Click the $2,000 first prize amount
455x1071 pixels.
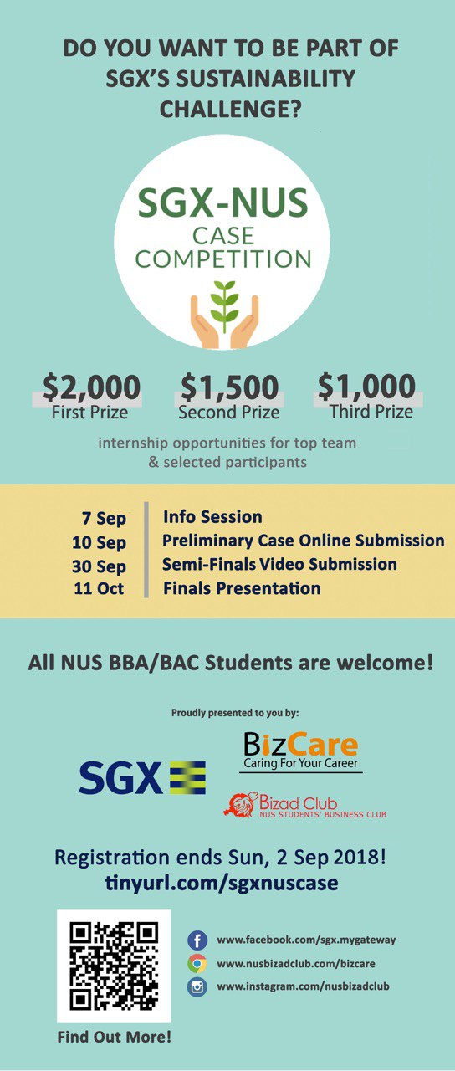point(91,387)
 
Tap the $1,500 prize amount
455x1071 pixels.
point(229,387)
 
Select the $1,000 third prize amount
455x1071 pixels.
point(366,386)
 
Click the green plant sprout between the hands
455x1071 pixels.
point(225,306)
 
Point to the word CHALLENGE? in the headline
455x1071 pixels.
point(230,109)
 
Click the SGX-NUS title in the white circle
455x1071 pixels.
point(222,202)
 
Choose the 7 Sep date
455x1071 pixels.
point(105,518)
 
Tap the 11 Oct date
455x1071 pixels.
point(99,588)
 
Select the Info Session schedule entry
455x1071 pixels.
point(212,517)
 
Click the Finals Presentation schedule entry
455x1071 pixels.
point(242,588)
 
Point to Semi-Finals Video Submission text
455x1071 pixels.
point(279,564)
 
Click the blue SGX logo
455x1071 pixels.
point(142,778)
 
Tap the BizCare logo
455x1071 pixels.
point(300,751)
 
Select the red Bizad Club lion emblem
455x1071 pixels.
point(240,805)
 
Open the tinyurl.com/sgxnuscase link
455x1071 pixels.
point(222,883)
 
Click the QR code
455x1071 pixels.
point(114,966)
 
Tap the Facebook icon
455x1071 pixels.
point(197,940)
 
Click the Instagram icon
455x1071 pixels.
point(197,986)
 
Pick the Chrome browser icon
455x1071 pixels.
point(197,963)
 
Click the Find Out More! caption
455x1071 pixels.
point(115,1037)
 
